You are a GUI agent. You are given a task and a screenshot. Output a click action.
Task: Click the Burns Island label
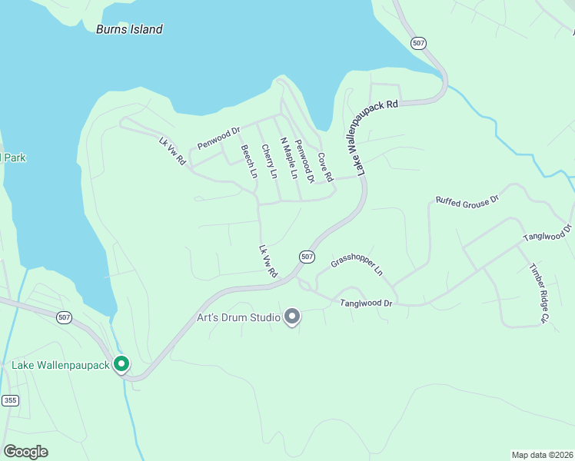pos(129,29)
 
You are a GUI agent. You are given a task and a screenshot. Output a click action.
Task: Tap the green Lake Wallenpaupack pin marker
pos(121,363)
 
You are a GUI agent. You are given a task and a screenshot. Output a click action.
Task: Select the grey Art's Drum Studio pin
pos(292,316)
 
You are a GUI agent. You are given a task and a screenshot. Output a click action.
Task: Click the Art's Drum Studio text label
pos(238,317)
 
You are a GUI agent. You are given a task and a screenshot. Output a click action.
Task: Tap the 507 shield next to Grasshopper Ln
pos(307,256)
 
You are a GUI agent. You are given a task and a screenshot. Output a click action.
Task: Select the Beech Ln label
pos(248,161)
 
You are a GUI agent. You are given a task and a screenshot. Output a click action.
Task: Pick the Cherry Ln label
pos(269,161)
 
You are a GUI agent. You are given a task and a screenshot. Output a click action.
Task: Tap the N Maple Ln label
pos(288,158)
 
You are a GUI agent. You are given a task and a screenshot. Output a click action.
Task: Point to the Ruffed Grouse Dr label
pos(467,200)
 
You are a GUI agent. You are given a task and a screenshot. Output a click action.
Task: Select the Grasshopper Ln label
pos(356,266)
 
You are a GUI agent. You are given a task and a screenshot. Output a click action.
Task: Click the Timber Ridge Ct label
pos(540,293)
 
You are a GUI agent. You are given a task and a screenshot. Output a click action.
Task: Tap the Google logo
pos(25,451)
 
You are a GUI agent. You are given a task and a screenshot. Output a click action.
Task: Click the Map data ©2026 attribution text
pos(542,454)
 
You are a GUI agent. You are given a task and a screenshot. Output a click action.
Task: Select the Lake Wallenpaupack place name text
pos(60,364)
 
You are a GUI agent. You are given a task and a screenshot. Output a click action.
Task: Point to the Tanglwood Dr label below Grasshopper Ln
pos(366,304)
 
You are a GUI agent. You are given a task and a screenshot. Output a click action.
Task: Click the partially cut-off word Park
pos(13,158)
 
